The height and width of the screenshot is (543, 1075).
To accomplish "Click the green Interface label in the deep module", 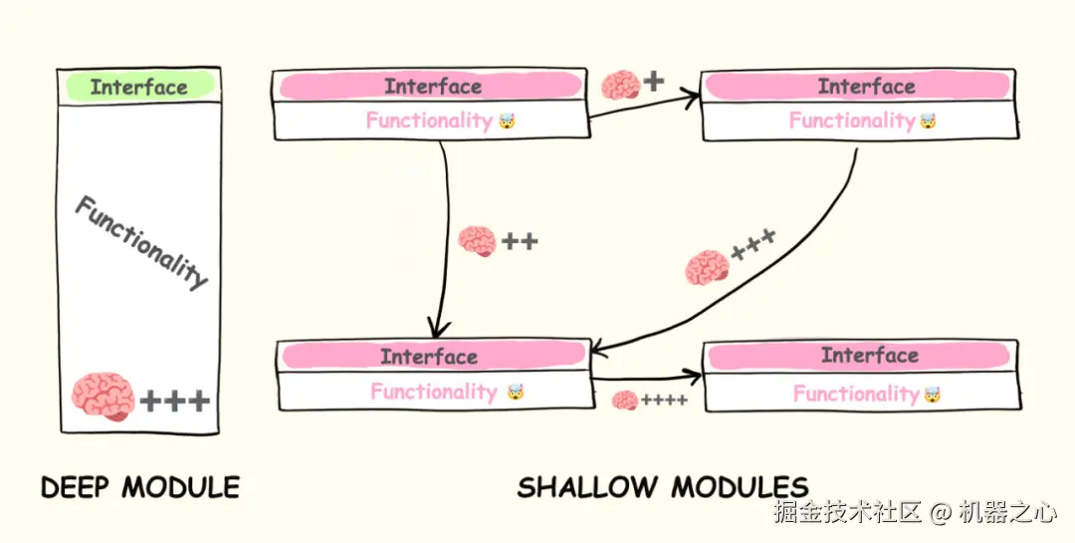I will coord(139,87).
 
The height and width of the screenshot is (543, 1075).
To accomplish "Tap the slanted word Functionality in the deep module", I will coord(141,242).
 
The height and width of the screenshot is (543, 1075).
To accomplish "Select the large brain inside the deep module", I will coord(103,396).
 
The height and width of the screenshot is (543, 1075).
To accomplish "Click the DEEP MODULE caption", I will coord(140,487).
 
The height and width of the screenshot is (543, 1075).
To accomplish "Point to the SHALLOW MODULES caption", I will coord(662,487).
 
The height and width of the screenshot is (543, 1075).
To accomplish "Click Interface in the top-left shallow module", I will coord(432,87).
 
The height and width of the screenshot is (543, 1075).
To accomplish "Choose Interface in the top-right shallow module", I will coord(866,87).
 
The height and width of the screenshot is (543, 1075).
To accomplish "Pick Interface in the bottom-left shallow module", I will coord(429,357).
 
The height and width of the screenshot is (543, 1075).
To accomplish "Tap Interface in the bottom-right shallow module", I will coord(869,356).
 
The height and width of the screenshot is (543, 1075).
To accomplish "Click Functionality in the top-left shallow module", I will coord(429,122).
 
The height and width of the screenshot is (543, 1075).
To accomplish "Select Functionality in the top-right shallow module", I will coord(851,122).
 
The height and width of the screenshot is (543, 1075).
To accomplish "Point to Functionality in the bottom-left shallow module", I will coord(433,392).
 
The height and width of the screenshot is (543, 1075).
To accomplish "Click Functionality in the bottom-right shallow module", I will coord(855,394).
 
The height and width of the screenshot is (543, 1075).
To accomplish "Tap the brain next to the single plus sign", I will coord(621,84).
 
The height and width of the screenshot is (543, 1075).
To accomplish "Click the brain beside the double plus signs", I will coord(477,241).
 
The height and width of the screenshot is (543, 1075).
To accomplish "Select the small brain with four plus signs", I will coord(625,401).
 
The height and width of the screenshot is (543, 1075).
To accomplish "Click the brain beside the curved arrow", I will coord(707,267).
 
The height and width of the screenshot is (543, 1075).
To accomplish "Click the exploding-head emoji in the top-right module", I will coord(928,123).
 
